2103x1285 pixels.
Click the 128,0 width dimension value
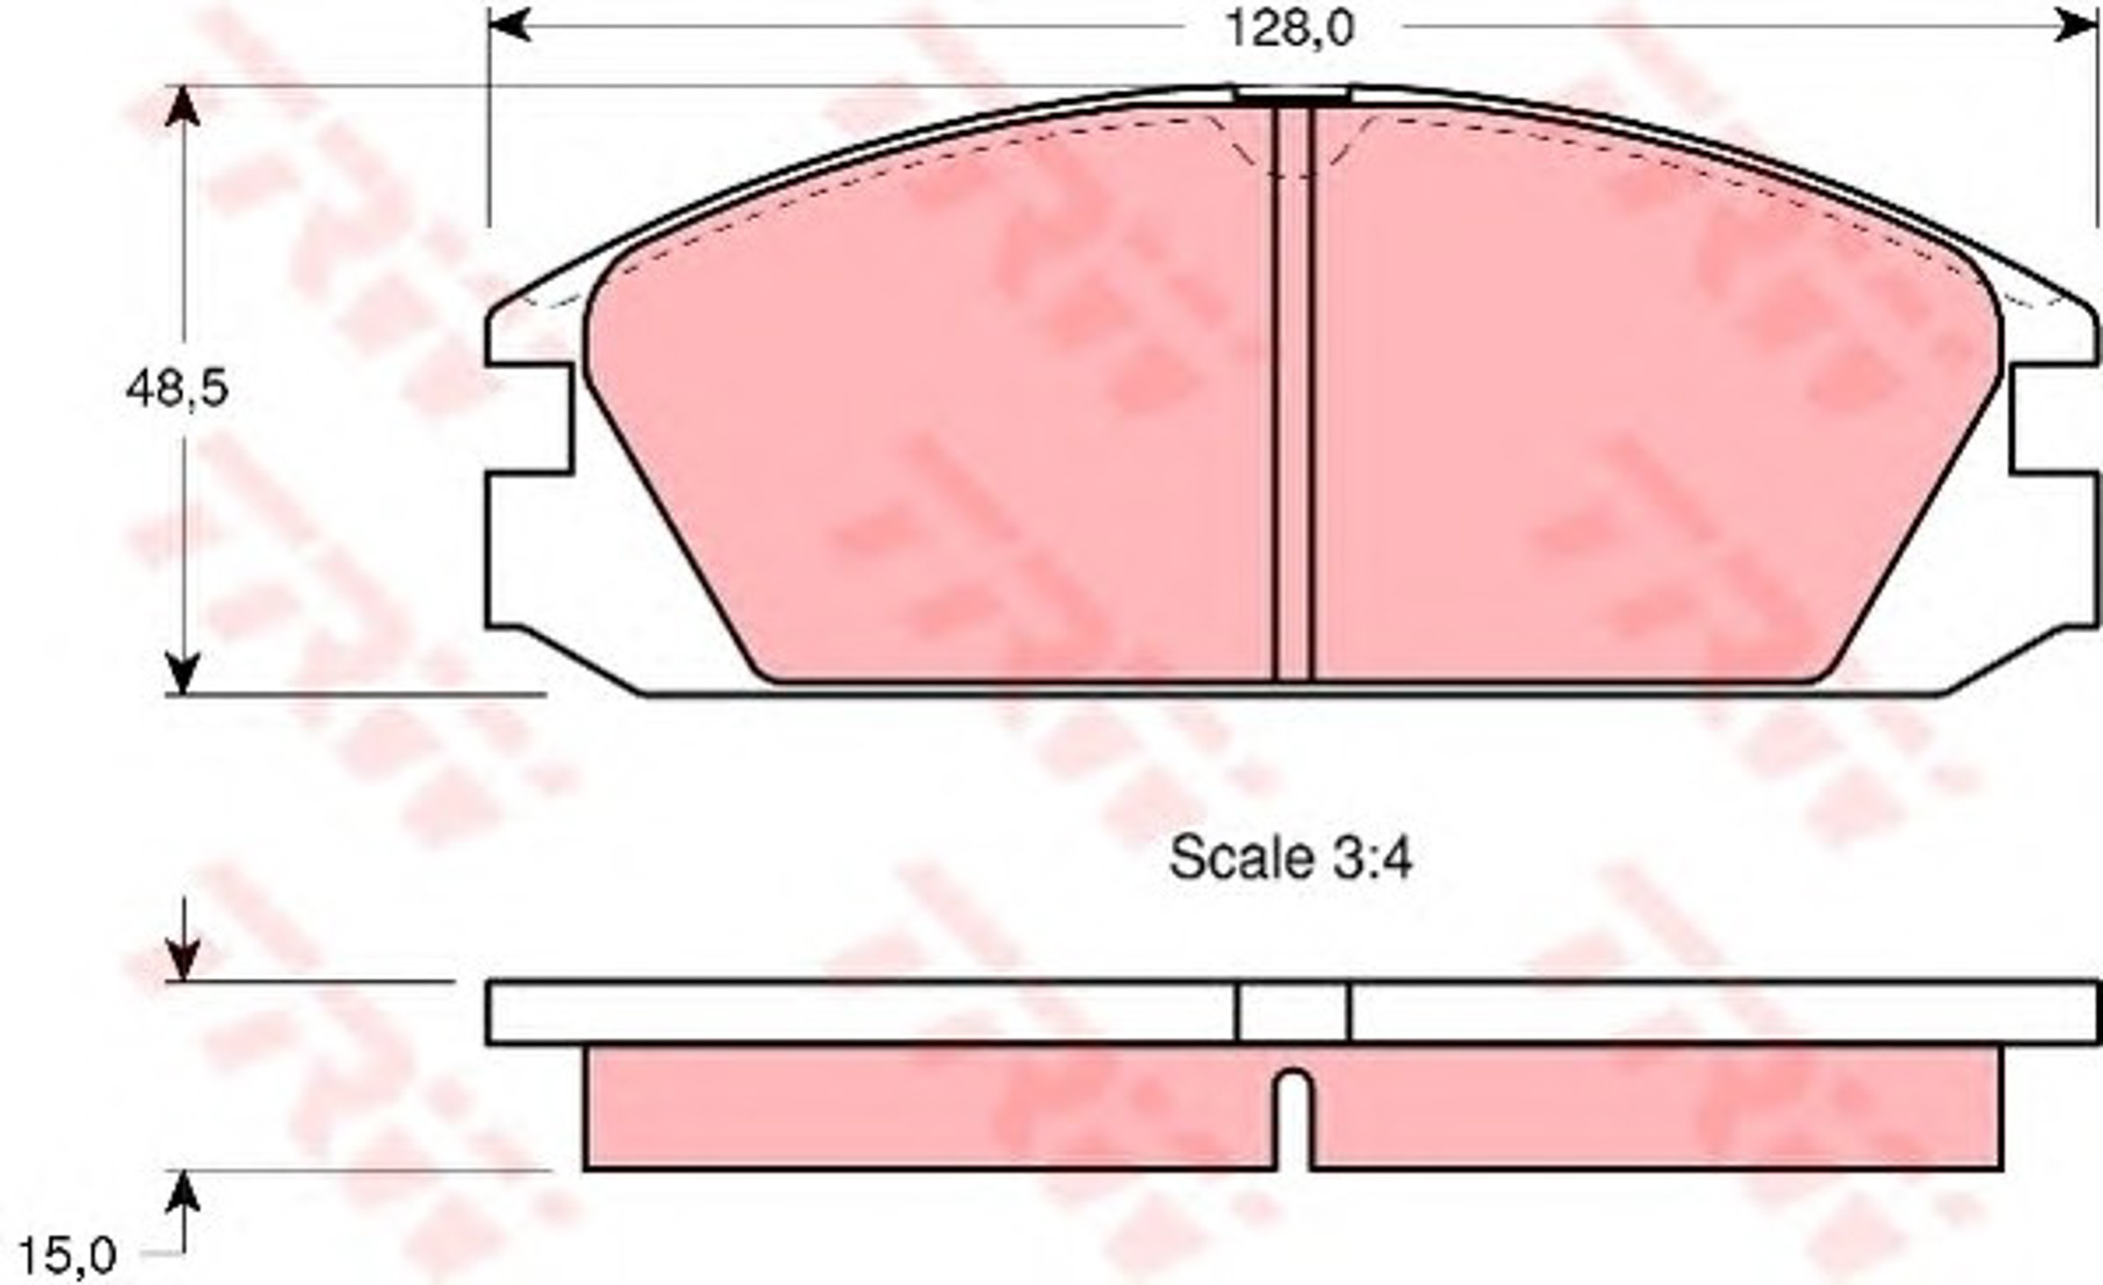[x=1290, y=29]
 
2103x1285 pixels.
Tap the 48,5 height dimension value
[x=176, y=389]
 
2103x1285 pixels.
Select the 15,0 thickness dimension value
[x=67, y=1256]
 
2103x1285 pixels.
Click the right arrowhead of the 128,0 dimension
[x=2076, y=26]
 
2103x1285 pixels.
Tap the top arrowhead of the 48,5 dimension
[x=183, y=106]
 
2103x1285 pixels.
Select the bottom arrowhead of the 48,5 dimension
[x=183, y=673]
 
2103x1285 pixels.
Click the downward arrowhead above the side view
[x=183, y=961]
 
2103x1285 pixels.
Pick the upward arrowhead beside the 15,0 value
[x=183, y=1191]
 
